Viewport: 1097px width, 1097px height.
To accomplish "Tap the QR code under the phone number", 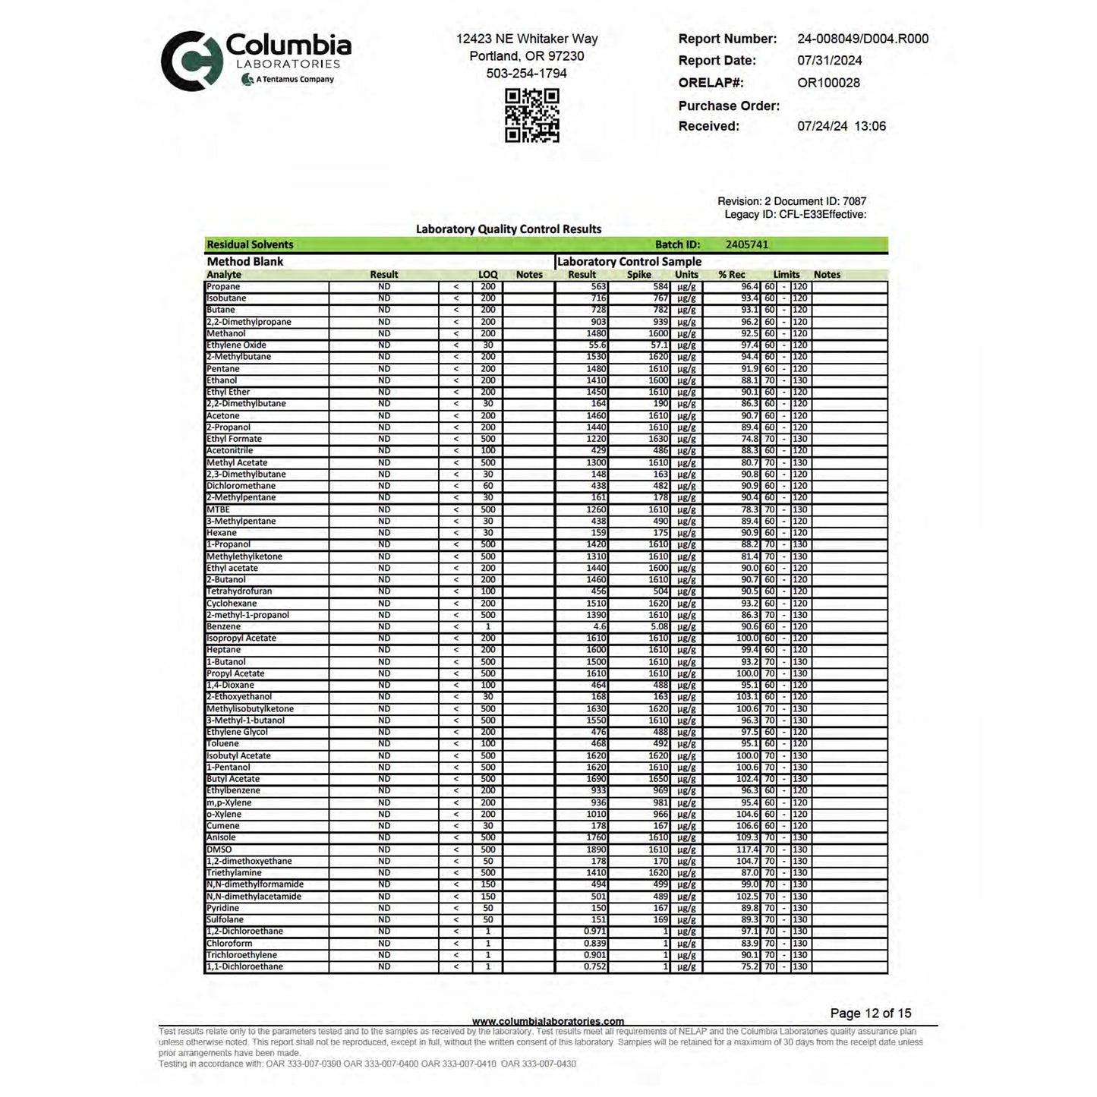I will [532, 115].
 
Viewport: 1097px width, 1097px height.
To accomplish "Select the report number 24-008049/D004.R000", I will [862, 39].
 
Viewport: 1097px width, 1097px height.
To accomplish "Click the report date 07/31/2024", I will [829, 61].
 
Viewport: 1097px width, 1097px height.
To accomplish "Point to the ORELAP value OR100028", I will [828, 83].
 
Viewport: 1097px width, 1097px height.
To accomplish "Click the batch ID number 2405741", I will [746, 244].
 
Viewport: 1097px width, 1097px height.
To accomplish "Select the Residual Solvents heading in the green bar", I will [250, 244].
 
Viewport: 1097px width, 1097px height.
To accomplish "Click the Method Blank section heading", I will [244, 261].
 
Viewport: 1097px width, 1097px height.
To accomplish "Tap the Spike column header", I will [638, 275].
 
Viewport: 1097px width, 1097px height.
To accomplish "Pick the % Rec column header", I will [731, 275].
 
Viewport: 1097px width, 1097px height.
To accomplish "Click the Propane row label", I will [223, 287].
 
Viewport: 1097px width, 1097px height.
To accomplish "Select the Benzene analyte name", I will [223, 627].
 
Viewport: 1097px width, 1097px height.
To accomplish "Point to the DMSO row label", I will [219, 850].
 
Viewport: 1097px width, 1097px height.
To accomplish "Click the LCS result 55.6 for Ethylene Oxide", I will [597, 345].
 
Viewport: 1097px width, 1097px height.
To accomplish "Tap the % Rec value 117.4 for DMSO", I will [747, 850].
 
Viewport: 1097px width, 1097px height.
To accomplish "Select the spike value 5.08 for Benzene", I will [658, 627].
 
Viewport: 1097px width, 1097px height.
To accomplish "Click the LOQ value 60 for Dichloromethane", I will [487, 486].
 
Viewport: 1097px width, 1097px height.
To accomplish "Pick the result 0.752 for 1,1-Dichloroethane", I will [594, 967].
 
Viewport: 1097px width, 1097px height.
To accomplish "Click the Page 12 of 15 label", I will [870, 1013].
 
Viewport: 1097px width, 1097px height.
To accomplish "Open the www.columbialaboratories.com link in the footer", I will [548, 1021].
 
